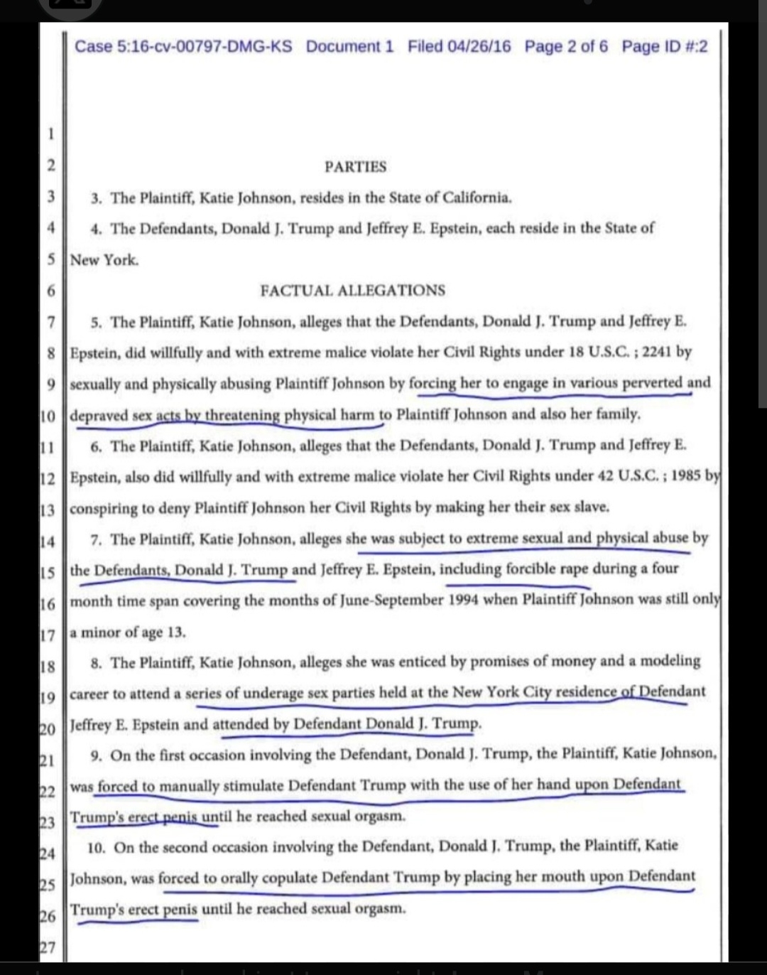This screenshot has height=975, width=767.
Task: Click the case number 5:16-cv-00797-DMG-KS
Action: (x=183, y=47)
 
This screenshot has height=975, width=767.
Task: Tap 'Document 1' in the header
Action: (x=349, y=47)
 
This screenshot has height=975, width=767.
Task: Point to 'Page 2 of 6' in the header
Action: (x=566, y=47)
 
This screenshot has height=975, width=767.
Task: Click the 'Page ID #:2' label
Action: (x=665, y=47)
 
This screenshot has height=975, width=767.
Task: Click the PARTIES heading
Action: (x=355, y=167)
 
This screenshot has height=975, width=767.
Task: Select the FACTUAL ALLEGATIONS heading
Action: (x=353, y=291)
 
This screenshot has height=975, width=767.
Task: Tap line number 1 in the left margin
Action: (x=51, y=134)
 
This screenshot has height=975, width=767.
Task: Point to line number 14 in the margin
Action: (x=47, y=542)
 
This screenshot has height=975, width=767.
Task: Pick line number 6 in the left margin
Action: (x=51, y=291)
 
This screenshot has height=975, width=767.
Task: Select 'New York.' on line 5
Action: (x=104, y=260)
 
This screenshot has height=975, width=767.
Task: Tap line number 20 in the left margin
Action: (x=47, y=728)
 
